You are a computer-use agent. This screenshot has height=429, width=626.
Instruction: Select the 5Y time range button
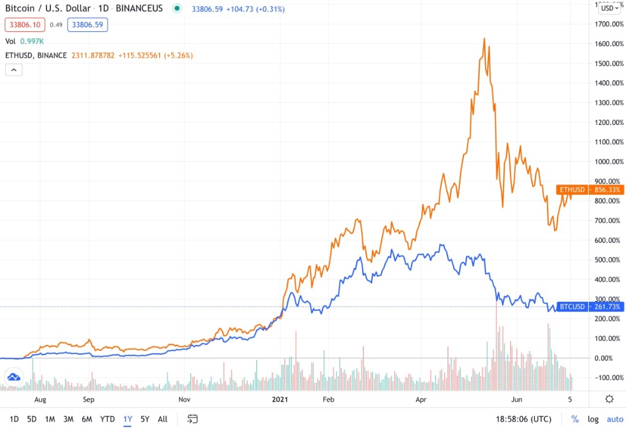pyautogui.click(x=145, y=419)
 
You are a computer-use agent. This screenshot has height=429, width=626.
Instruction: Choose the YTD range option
pyautogui.click(x=107, y=419)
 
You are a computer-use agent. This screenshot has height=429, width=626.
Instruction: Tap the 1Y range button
pyautogui.click(x=128, y=419)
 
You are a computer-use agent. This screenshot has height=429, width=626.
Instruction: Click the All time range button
pyautogui.click(x=163, y=419)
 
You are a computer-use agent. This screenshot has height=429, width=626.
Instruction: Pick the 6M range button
pyautogui.click(x=87, y=419)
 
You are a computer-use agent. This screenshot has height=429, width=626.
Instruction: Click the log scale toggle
pyautogui.click(x=593, y=419)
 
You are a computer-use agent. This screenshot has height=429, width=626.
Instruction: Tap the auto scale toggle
pyautogui.click(x=615, y=419)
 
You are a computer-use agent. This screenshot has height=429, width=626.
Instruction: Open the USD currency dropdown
pyautogui.click(x=609, y=8)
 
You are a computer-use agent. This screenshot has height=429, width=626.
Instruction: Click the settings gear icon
pyautogui.click(x=609, y=399)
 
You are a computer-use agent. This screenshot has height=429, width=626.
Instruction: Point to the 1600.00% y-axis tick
pyautogui.click(x=609, y=44)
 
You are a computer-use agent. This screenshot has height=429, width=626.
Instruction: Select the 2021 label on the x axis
pyautogui.click(x=280, y=399)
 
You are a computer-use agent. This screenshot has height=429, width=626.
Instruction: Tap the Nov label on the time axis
pyautogui.click(x=184, y=399)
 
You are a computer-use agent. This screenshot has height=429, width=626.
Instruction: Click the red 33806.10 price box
pyautogui.click(x=24, y=24)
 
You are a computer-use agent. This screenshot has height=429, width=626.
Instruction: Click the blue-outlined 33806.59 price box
pyautogui.click(x=88, y=24)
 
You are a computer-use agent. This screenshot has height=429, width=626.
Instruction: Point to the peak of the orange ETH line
pyautogui.click(x=484, y=39)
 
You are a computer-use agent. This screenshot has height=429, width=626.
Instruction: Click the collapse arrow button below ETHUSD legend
pyautogui.click(x=14, y=70)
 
